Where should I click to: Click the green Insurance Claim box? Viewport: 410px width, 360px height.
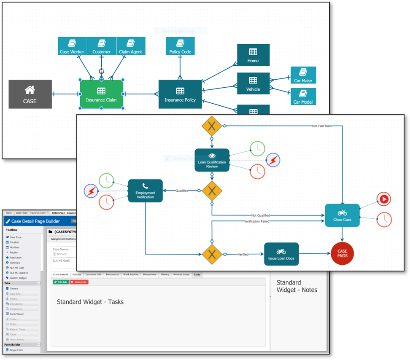(101, 94)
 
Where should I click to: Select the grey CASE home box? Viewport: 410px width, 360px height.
(30, 94)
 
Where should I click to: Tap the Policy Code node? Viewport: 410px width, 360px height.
(180, 46)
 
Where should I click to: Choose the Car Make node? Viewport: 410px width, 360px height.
(303, 75)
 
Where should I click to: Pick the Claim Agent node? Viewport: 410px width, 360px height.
(131, 46)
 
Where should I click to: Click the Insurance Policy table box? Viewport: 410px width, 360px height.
(180, 94)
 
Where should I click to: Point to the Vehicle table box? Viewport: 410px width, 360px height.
(253, 83)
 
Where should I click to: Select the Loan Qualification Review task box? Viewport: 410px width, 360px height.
(212, 160)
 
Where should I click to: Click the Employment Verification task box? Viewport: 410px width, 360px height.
(145, 191)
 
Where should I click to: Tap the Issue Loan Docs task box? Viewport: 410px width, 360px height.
(281, 254)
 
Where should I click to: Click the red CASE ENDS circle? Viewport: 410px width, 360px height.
(342, 253)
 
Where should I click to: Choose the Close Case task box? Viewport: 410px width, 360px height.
(342, 215)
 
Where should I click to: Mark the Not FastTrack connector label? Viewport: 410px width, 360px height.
(322, 126)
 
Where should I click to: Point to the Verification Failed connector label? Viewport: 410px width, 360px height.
(256, 221)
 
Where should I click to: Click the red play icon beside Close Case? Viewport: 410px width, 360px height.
(384, 199)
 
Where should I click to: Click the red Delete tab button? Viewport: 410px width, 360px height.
(79, 282)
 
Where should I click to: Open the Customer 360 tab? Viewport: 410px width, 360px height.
(93, 274)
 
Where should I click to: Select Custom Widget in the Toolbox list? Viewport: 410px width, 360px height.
(18, 278)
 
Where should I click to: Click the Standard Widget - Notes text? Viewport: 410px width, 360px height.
(297, 286)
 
